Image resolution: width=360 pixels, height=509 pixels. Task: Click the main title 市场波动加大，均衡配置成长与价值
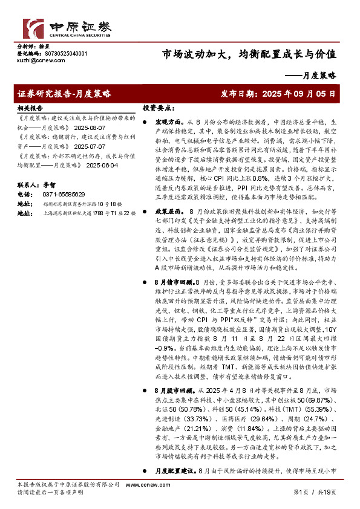[x=249, y=54]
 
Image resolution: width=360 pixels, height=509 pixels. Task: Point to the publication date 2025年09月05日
[x=296, y=94]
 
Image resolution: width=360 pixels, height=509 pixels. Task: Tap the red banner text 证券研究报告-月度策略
[x=65, y=94]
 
